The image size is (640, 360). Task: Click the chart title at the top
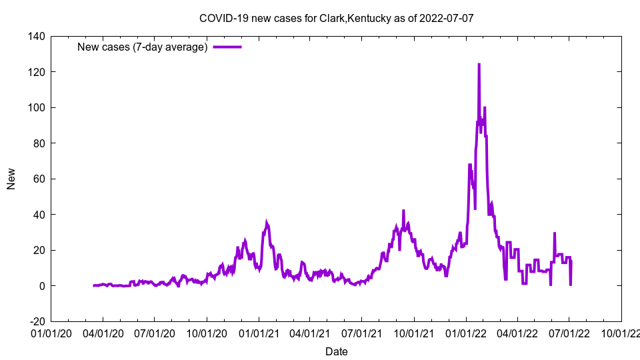[x=336, y=18]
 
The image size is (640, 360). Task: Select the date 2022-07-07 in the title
[x=447, y=18]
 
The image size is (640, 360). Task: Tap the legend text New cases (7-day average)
[x=143, y=47]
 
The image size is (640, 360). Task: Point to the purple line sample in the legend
[x=227, y=47]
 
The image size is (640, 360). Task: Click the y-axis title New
[x=11, y=179]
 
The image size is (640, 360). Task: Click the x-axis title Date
[x=336, y=351]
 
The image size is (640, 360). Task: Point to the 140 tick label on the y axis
[x=37, y=36]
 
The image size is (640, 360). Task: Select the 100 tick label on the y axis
[x=37, y=107]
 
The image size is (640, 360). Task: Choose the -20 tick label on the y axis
[x=37, y=321]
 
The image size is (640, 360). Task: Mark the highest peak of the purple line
[x=479, y=65]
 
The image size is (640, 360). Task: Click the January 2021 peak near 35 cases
[x=267, y=223]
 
